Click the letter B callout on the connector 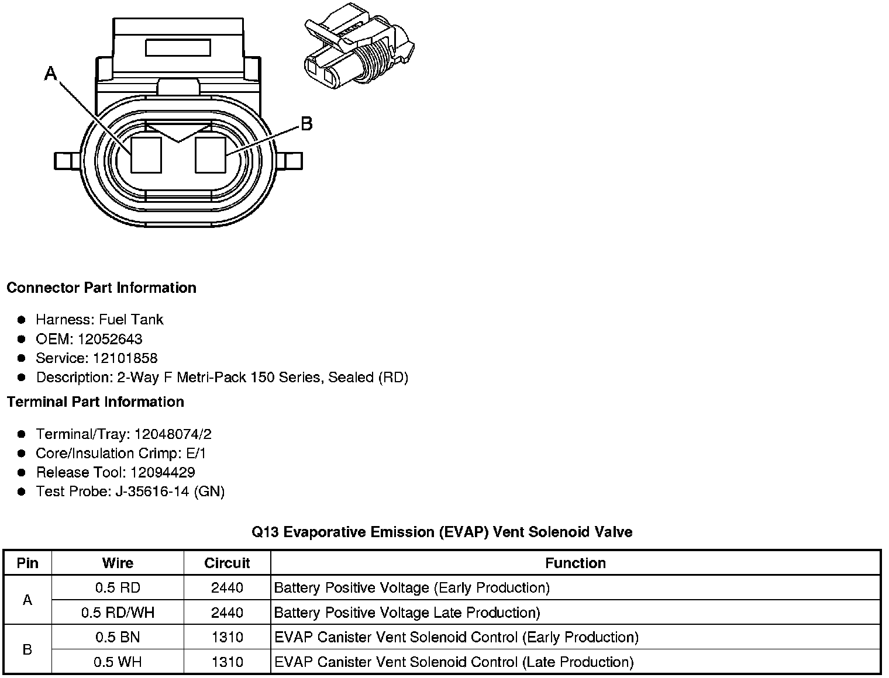(x=306, y=124)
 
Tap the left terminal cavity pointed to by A (x=146, y=155)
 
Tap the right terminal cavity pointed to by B (x=210, y=155)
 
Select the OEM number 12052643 (x=109, y=339)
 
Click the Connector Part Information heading (x=101, y=288)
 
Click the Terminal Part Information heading (x=95, y=402)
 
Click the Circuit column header (x=227, y=563)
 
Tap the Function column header (x=576, y=563)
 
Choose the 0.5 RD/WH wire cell (x=118, y=613)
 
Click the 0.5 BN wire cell (x=118, y=637)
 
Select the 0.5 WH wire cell (x=118, y=662)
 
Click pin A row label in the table (x=27, y=600)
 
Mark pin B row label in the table (x=27, y=649)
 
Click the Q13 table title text (x=442, y=532)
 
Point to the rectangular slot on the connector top (x=178, y=47)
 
